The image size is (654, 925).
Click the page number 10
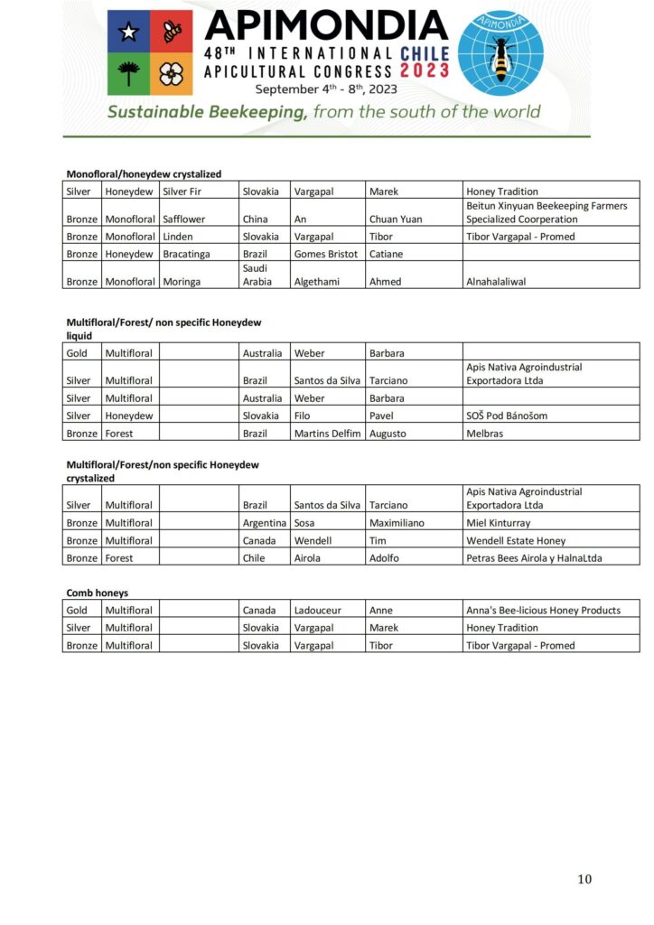point(585,879)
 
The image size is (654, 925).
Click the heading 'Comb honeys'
point(98,593)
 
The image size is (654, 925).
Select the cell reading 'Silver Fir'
point(182,192)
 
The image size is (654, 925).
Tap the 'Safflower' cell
point(184,219)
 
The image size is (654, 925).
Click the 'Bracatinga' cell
point(187,254)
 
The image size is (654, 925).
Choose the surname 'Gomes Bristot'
point(326,254)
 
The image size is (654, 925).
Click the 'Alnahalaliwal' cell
point(496,281)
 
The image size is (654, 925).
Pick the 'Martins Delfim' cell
point(327,434)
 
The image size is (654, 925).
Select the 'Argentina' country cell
point(265,523)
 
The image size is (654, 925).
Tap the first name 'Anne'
point(381,610)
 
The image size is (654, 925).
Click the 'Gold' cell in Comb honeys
point(77,610)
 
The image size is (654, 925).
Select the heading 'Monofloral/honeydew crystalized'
point(145,174)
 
